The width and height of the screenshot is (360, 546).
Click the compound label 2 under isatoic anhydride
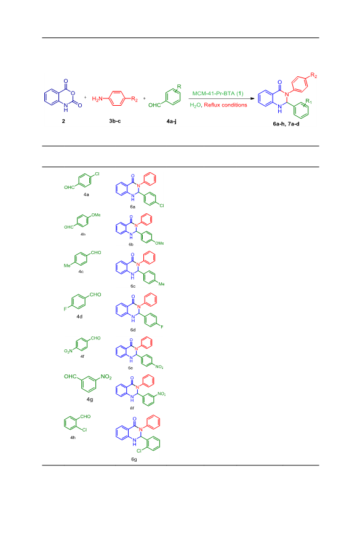pos(63,121)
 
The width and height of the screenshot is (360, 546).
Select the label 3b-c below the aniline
pos(114,121)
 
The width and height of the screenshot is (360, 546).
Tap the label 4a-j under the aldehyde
pos(172,121)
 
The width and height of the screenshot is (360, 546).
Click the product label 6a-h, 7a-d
pos(286,124)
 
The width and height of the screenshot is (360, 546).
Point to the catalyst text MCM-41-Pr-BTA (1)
pos(218,93)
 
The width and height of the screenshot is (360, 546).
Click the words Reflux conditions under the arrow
pos(225,105)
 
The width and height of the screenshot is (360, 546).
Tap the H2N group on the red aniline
pos(97,99)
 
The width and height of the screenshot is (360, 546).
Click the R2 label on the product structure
pos(314,76)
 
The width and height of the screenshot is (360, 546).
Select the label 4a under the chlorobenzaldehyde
pos(86,195)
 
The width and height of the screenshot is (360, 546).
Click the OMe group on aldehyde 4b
pos(96,215)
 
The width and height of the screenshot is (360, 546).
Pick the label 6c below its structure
pos(133,287)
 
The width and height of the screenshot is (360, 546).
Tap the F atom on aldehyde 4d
pos(65,309)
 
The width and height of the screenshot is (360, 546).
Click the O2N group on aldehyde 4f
pos(68,351)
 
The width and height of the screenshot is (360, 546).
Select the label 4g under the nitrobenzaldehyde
pos(90,400)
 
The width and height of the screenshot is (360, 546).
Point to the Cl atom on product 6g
pos(139,451)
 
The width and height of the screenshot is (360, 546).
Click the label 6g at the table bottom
pos(134,459)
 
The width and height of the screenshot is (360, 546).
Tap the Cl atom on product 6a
pos(162,205)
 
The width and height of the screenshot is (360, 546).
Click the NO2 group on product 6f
pos(161,394)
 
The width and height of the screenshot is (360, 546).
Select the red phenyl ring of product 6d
pos(151,299)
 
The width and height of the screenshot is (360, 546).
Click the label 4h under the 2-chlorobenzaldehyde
pos(73,437)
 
